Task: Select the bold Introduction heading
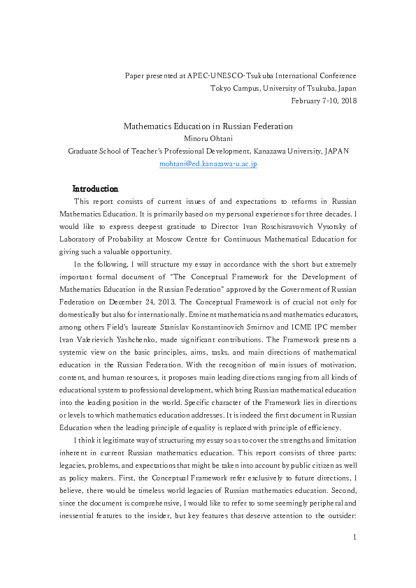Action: [x=95, y=189]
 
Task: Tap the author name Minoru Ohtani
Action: [x=208, y=138]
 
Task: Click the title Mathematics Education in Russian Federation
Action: [x=208, y=126]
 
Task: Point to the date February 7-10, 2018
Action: [x=323, y=101]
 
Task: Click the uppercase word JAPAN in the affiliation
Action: [x=336, y=151]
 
